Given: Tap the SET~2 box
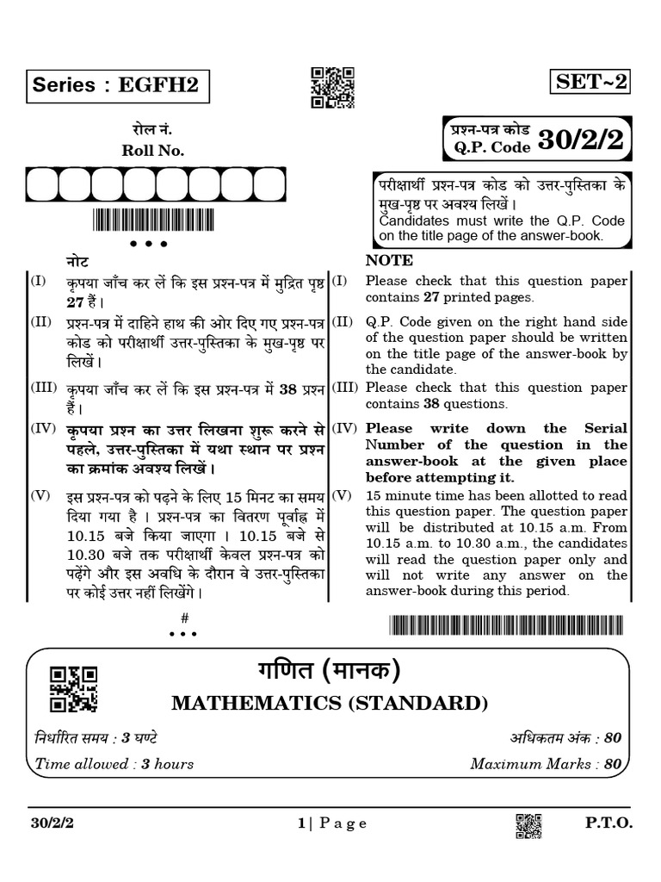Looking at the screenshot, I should tap(592, 82).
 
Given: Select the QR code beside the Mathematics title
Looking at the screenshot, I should tap(73, 688).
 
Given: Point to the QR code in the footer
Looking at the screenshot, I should tap(529, 824).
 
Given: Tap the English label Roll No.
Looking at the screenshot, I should tap(154, 150).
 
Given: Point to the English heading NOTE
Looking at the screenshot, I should tap(389, 260).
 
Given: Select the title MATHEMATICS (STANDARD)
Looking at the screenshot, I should tap(330, 704).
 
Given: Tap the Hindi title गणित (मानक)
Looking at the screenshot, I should tap(330, 671).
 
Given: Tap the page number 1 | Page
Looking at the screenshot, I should tap(332, 823).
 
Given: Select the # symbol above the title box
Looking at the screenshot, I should tap(184, 618).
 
